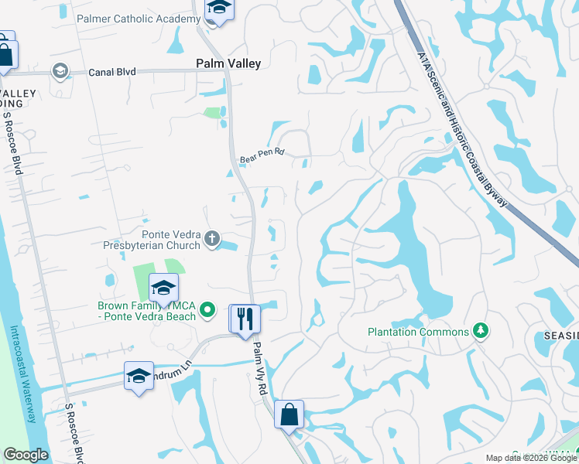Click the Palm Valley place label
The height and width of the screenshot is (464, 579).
coord(228,63)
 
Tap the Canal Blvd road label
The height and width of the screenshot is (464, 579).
coord(111,72)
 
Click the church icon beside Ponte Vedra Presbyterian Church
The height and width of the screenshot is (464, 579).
coord(214,240)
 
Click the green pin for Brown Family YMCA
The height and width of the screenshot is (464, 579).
coord(207,311)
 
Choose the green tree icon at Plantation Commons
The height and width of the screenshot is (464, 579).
coord(481,331)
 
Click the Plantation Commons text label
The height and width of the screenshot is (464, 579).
coord(418,332)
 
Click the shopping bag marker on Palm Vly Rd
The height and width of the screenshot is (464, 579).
coord(289,415)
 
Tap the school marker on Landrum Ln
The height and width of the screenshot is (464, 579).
coord(139,377)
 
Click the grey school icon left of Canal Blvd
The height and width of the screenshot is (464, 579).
coord(59,72)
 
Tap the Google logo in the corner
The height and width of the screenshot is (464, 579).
coord(26,455)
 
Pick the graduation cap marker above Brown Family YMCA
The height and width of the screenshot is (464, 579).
coord(163,288)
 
